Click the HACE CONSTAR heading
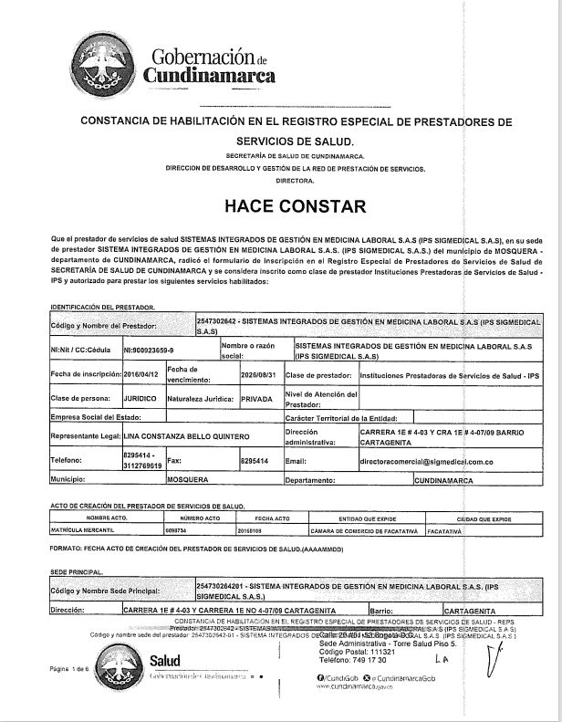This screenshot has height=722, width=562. pyautogui.click(x=281, y=205)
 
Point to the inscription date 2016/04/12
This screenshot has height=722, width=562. pyautogui.click(x=142, y=374)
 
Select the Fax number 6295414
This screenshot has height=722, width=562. pyautogui.click(x=255, y=461)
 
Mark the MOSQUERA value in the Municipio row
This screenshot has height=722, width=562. pyautogui.click(x=187, y=478)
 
